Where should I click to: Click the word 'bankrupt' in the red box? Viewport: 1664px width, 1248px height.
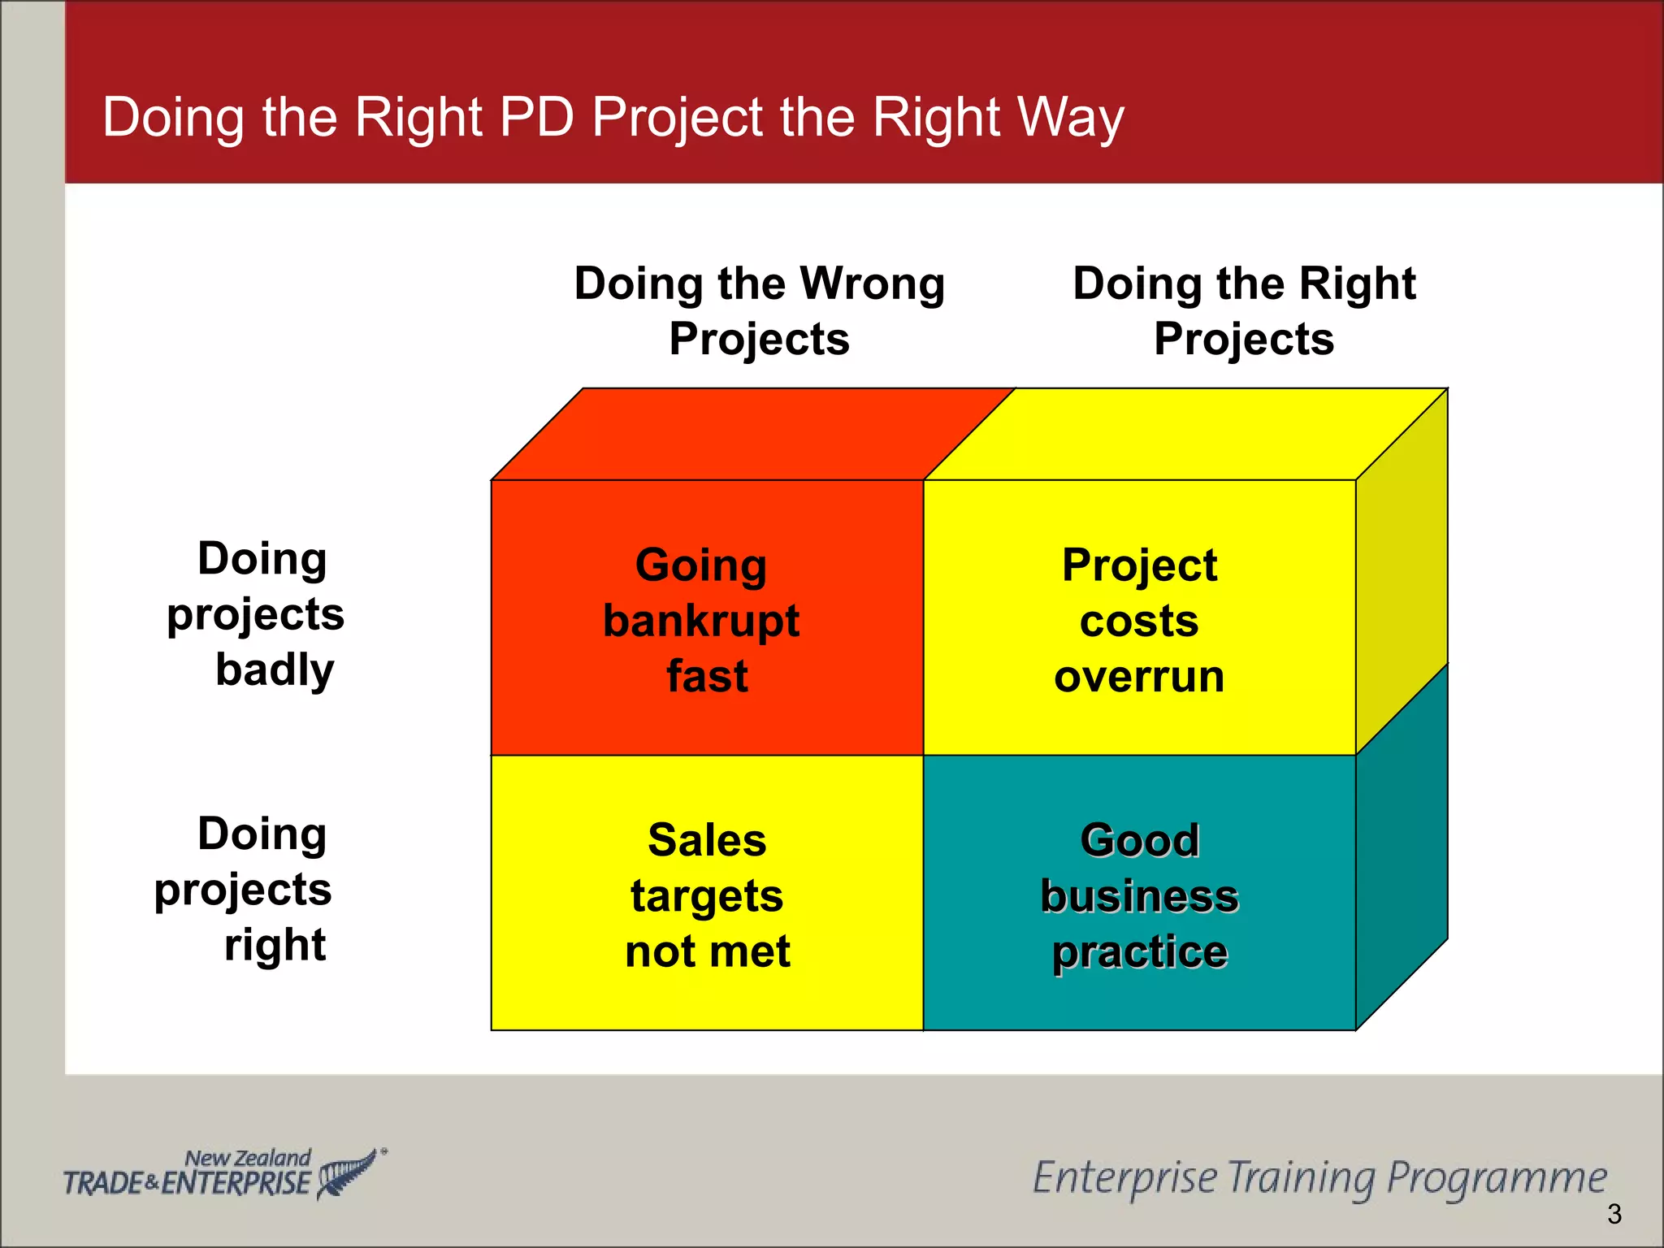[x=701, y=622]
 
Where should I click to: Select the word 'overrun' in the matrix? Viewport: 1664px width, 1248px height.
[x=1139, y=677]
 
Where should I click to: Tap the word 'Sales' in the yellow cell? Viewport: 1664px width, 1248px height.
[x=707, y=840]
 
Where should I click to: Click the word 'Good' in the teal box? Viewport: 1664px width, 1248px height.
[x=1139, y=840]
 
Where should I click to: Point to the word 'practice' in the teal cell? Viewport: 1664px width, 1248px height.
[x=1139, y=951]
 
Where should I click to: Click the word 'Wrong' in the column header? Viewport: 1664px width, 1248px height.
[x=873, y=284]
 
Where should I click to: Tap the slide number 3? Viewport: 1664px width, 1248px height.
[x=1614, y=1214]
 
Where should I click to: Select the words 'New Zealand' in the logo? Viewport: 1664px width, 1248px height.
[x=248, y=1157]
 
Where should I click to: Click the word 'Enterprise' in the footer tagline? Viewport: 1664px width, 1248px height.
[x=1124, y=1178]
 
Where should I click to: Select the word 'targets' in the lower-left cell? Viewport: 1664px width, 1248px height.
[x=707, y=896]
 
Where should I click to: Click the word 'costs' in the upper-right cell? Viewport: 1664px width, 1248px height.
[x=1139, y=622]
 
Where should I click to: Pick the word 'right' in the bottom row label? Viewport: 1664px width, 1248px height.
[x=275, y=945]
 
